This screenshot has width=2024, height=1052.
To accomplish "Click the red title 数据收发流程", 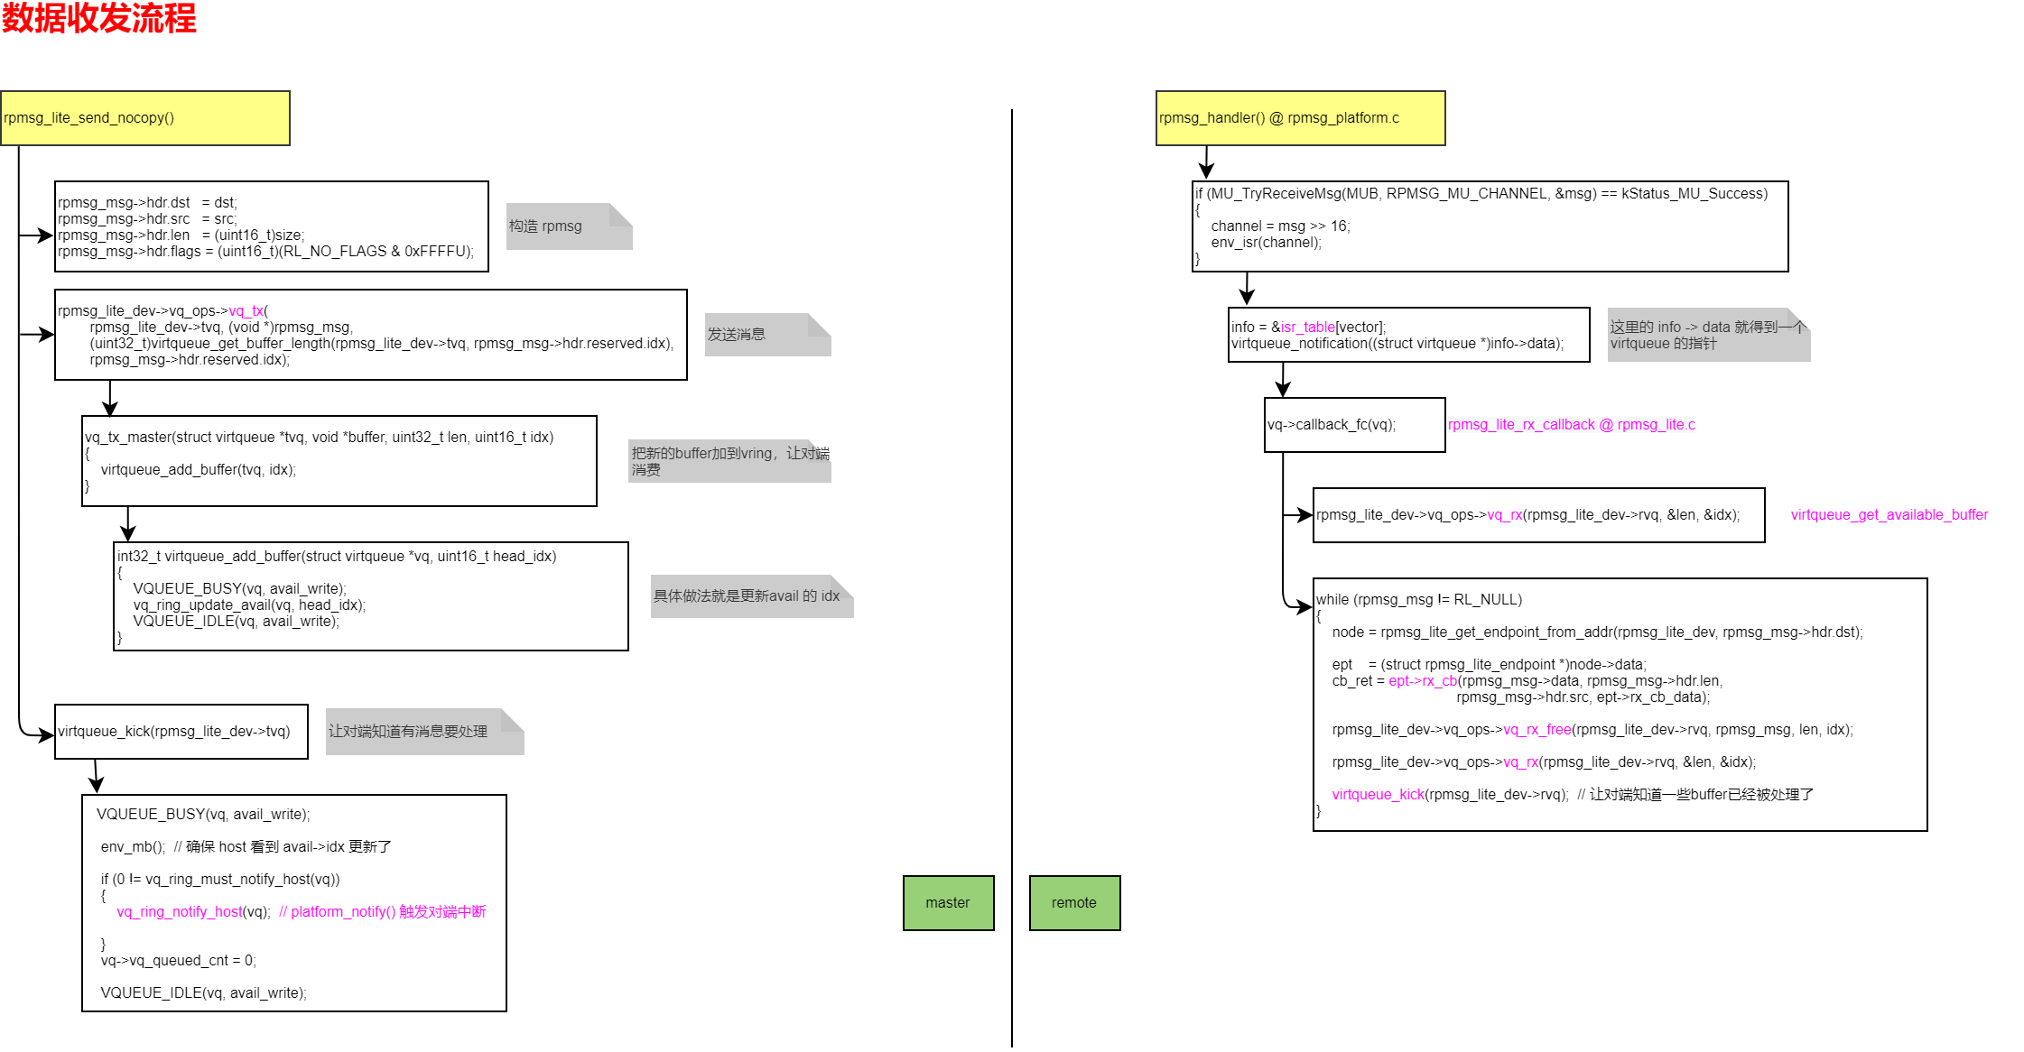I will [98, 18].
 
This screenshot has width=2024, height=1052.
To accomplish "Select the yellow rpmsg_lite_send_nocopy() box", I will [144, 118].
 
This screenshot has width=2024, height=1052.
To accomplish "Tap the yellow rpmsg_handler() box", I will [1300, 118].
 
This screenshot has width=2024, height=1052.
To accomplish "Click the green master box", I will [948, 903].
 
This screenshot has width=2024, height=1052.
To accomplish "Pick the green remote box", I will [1074, 903].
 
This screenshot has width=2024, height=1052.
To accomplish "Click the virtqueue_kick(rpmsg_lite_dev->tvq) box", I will [181, 732].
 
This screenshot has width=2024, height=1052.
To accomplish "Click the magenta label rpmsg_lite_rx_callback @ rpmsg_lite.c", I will [1572, 425].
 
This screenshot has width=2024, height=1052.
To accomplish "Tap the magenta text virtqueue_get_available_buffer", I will [1889, 515].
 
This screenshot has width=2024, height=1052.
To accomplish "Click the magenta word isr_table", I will [1307, 328].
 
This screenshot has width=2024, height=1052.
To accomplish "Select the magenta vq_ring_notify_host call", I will [180, 912].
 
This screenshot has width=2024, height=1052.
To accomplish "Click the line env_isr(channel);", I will [1266, 243].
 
